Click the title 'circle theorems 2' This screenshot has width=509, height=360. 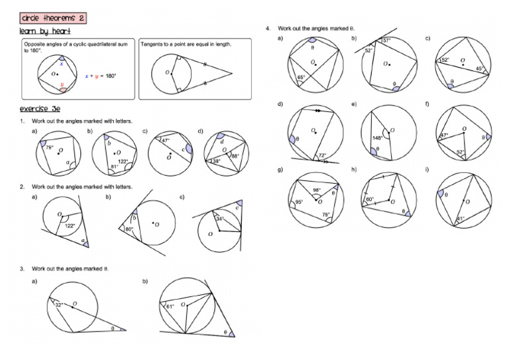point(52,19)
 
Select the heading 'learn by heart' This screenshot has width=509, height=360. point(45,32)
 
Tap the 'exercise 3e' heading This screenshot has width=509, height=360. point(42,109)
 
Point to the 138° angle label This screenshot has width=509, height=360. point(215,161)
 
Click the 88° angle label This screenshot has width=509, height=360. point(234,156)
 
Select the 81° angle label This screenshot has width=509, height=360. point(115,166)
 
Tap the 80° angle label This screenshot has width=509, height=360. point(129,229)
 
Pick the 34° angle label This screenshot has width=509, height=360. point(220,218)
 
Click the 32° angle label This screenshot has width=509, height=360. point(58,306)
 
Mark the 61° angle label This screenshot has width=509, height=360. point(170,306)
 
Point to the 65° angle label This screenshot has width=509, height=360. point(301,78)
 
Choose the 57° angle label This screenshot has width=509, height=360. point(386,40)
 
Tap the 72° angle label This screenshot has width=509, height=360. point(323,155)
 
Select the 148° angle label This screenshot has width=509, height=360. point(377,139)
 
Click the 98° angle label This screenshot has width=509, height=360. point(317,191)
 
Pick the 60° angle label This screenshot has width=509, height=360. point(370,199)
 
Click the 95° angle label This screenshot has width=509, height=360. point(299,202)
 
